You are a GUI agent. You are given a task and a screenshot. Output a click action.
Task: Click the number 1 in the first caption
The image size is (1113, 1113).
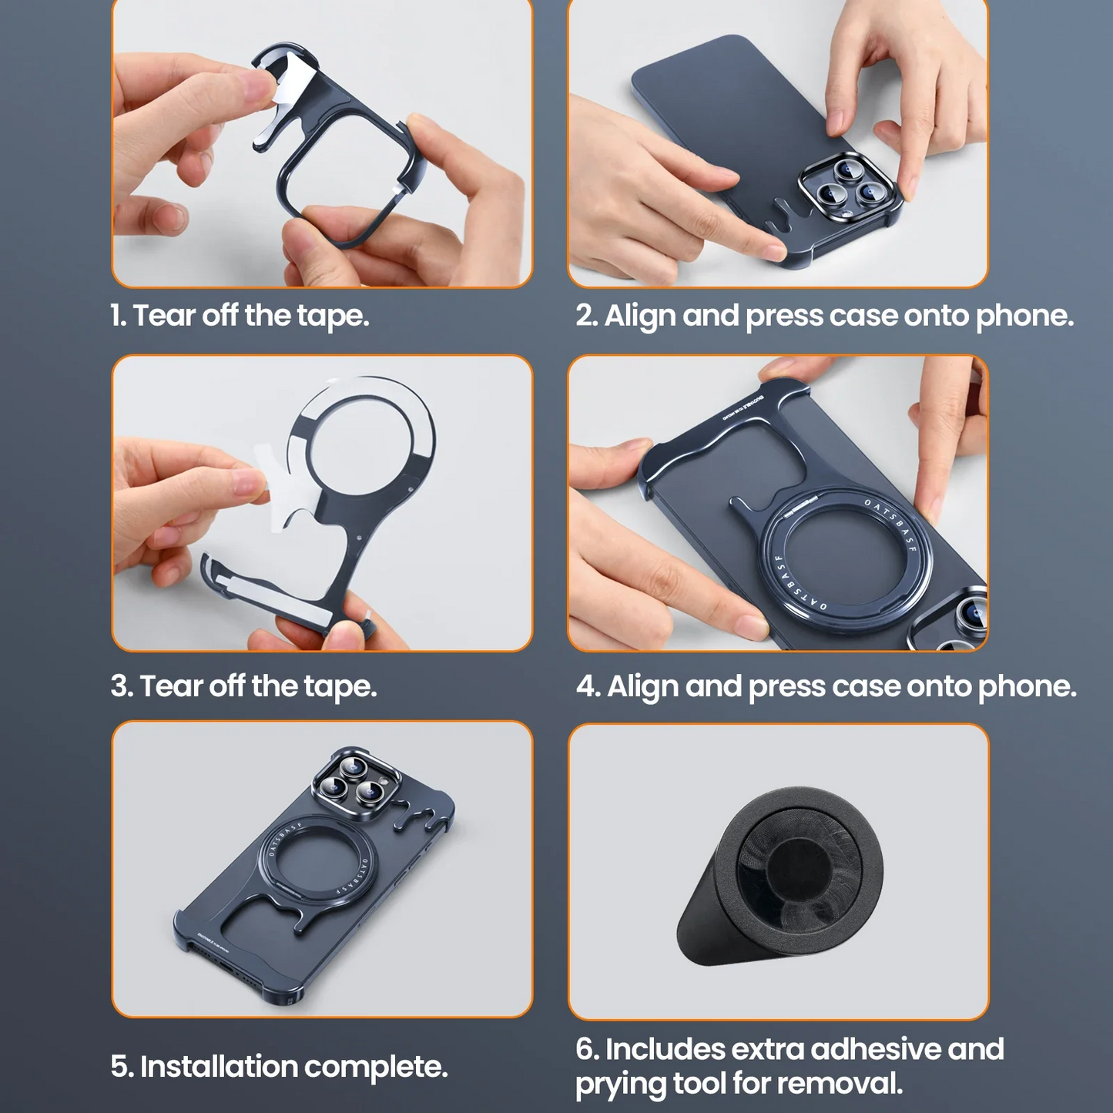116,315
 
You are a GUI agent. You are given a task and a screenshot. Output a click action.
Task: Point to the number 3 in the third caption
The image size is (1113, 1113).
119,686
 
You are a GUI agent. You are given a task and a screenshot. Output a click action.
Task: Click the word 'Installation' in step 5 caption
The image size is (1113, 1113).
218,1066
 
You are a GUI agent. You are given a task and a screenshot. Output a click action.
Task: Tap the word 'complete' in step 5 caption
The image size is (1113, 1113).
376,1068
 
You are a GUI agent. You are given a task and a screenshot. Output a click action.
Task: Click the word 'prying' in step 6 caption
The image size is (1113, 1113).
620,1085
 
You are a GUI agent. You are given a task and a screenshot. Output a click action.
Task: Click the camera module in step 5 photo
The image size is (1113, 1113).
354,784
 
